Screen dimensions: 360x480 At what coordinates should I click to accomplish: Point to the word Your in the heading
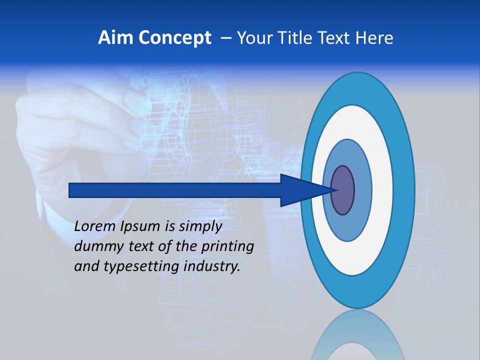(x=252, y=38)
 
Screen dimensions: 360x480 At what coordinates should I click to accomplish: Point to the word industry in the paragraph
(x=212, y=266)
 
